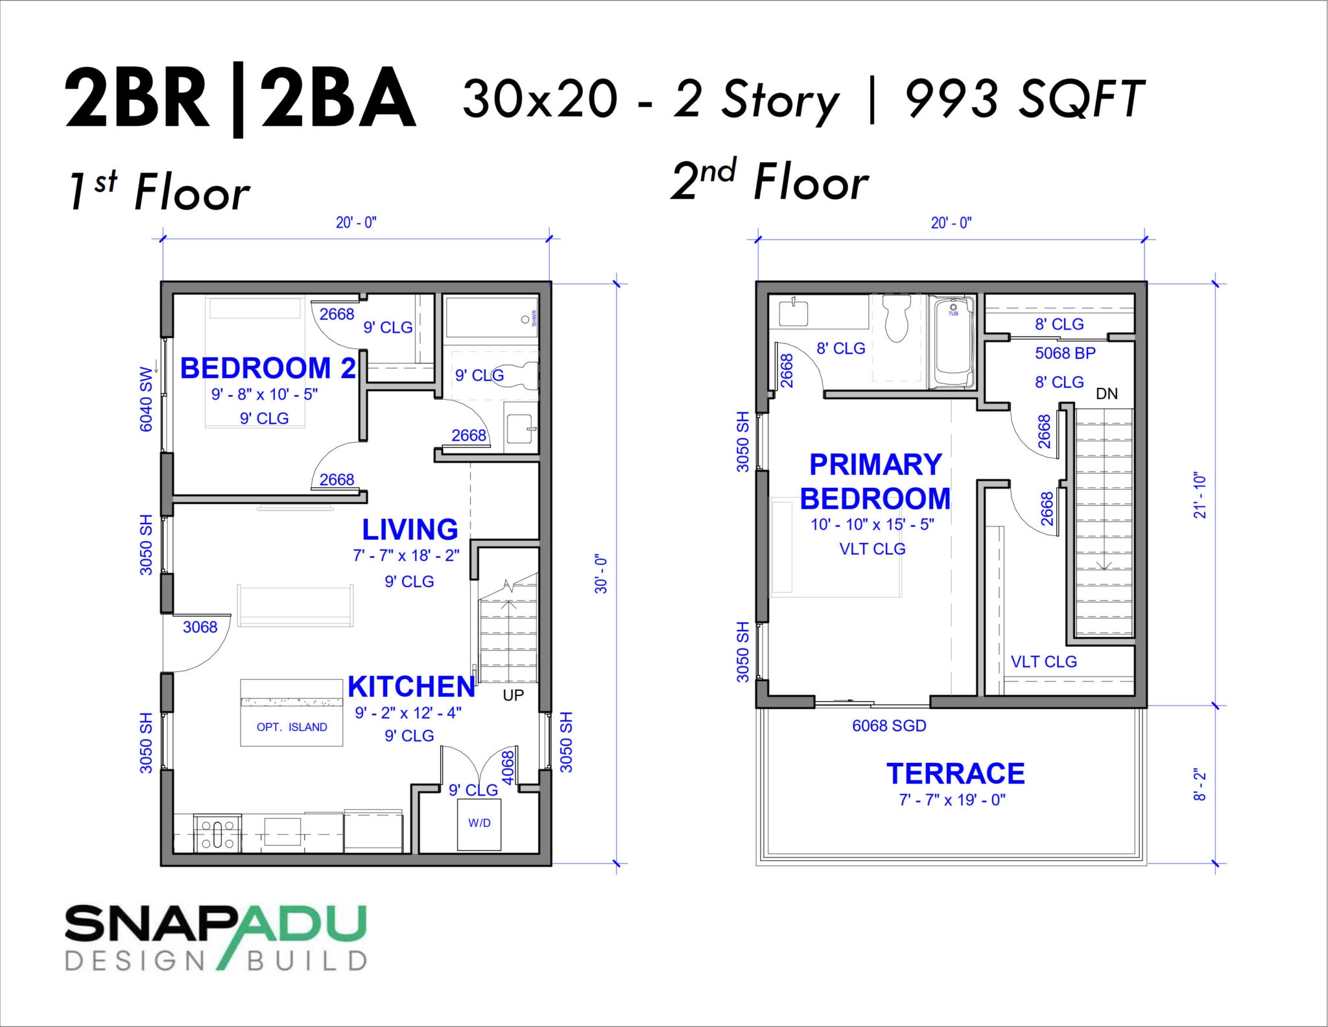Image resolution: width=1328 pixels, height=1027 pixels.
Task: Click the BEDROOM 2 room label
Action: click(268, 369)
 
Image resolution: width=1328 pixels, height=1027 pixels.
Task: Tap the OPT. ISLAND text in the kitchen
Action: click(292, 727)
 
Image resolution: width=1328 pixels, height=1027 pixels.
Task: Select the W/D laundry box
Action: click(479, 823)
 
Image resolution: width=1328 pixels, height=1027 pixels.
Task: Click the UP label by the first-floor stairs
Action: click(513, 695)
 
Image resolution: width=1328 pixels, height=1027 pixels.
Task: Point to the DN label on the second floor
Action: click(1106, 394)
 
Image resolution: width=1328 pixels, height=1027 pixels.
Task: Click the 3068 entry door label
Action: click(200, 627)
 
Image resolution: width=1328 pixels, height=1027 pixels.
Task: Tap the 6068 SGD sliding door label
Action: click(889, 726)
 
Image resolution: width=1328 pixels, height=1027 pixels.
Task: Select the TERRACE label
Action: click(955, 773)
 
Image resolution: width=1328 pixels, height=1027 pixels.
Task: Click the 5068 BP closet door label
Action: click(1065, 353)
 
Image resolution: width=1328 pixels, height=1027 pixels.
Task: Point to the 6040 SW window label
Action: click(147, 399)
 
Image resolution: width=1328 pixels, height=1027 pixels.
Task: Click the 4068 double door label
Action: click(508, 767)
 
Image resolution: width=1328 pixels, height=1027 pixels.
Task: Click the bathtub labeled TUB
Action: click(952, 344)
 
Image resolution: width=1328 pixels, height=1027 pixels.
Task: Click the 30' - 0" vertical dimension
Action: click(601, 574)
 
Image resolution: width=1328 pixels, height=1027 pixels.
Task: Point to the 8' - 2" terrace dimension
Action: click(1200, 786)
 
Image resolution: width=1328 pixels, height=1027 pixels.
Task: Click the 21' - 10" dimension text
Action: click(1200, 495)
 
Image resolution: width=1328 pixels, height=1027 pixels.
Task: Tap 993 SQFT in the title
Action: click(1024, 99)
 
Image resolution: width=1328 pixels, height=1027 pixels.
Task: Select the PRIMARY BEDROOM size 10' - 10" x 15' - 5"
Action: click(872, 524)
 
